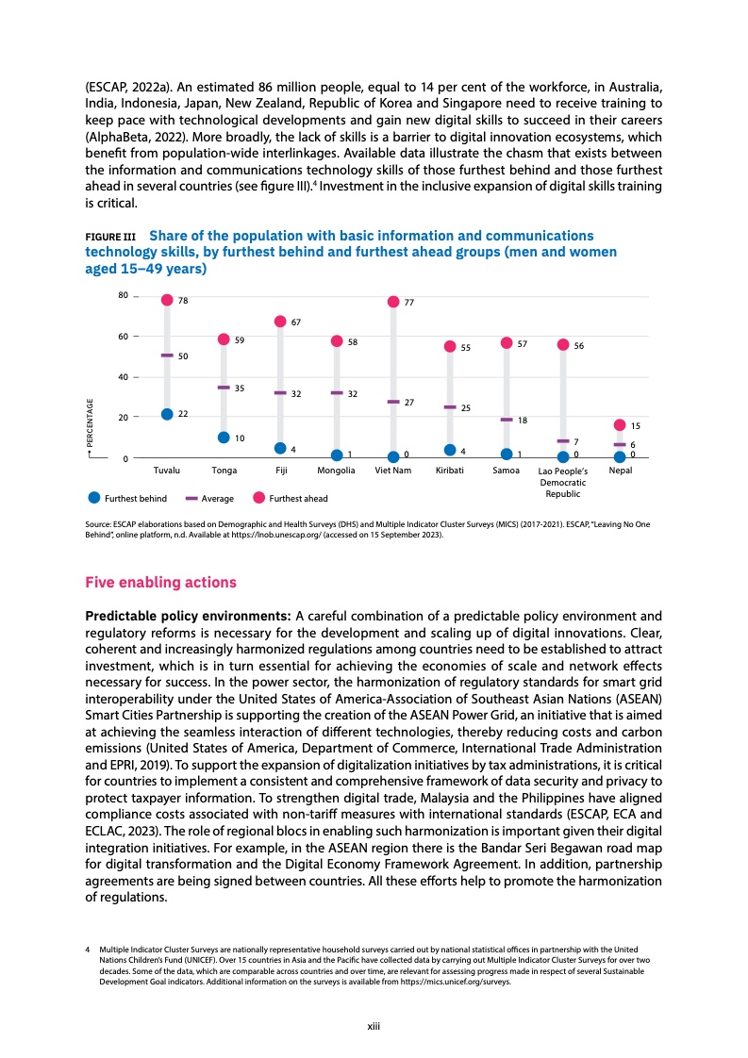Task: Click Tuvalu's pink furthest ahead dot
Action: tap(167, 300)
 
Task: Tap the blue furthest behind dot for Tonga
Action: tap(224, 438)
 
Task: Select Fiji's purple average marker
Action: tap(280, 393)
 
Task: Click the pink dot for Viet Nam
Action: tap(393, 302)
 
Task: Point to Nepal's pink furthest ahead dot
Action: tap(620, 425)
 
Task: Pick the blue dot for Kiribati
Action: tap(450, 450)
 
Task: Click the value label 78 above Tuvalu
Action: tap(183, 301)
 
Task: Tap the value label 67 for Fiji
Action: tap(295, 322)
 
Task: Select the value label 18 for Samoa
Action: tap(522, 420)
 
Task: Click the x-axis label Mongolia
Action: tap(336, 470)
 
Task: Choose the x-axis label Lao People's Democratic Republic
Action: tap(562, 481)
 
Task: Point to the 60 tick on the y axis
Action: tap(123, 337)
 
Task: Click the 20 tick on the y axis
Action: tap(123, 417)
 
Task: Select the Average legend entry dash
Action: tap(191, 498)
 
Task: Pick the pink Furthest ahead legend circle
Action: tap(258, 498)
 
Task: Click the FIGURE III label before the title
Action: tap(110, 236)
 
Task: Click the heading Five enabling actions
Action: tap(160, 582)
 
